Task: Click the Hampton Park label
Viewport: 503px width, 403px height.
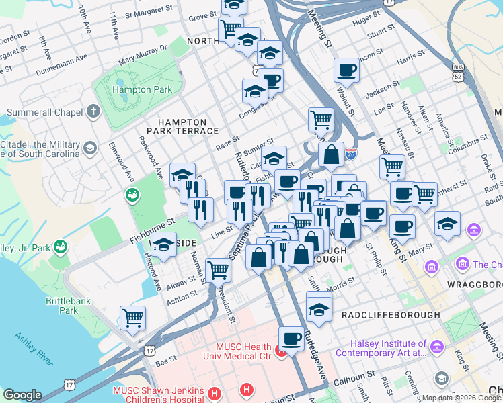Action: pos(143,89)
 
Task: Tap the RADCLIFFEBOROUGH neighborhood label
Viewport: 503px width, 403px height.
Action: pos(391,314)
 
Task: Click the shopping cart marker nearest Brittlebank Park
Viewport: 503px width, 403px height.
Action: pos(133,318)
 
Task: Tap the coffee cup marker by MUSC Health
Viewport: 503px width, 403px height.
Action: pos(291,338)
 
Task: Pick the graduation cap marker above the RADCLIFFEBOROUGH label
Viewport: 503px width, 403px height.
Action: pos(319,308)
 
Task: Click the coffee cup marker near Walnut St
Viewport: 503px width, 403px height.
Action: pos(347,69)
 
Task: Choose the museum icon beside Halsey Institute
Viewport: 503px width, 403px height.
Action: pos(438,347)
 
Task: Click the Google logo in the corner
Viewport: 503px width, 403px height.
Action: pos(22,395)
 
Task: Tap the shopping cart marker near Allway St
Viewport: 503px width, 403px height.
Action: pos(218,270)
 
